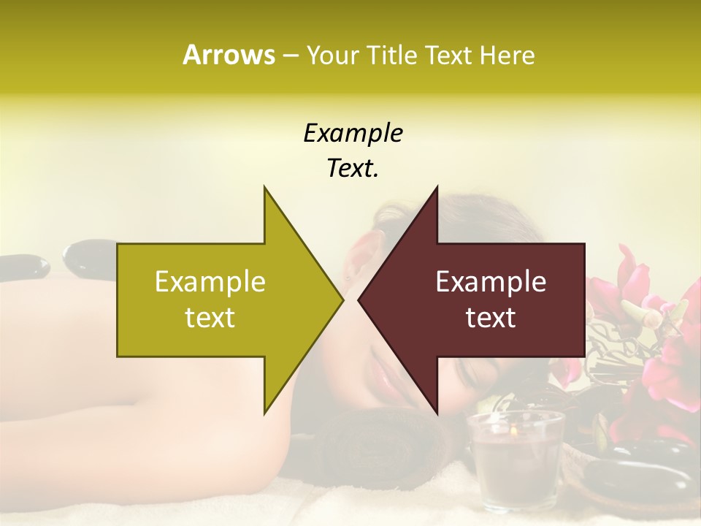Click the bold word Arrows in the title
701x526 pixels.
click(x=229, y=55)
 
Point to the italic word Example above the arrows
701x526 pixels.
click(x=353, y=133)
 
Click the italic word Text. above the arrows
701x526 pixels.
click(x=353, y=168)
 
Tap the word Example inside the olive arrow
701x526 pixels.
click(x=210, y=281)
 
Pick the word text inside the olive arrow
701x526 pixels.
click(x=210, y=318)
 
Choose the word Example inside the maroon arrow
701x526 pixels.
click(x=491, y=281)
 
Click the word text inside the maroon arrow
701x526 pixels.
click(x=491, y=318)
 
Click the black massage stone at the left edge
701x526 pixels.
click(x=22, y=266)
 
